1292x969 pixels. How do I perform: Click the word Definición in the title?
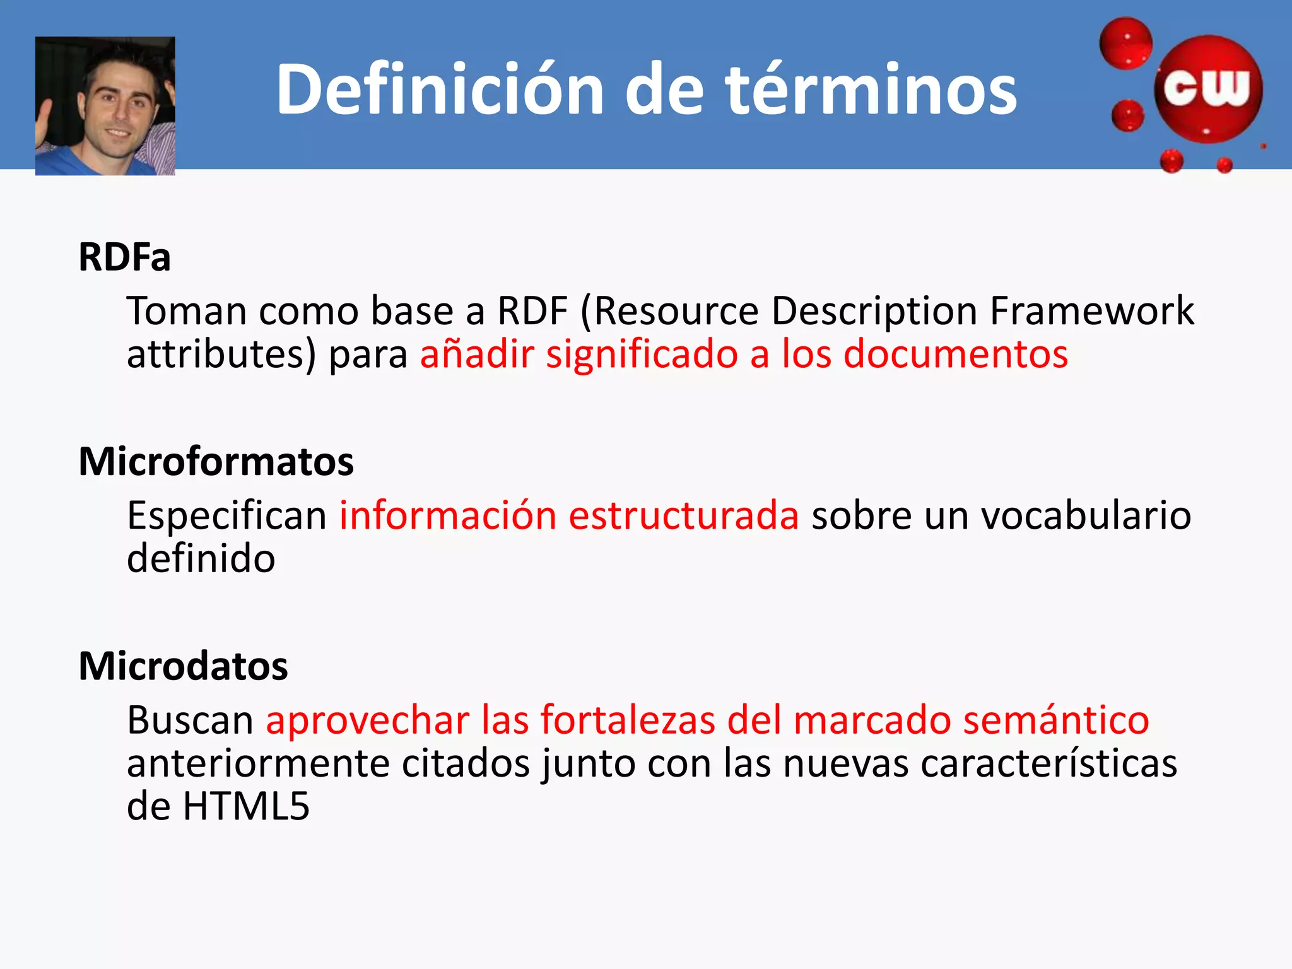(x=440, y=90)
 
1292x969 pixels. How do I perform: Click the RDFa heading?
(x=124, y=257)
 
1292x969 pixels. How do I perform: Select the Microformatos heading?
(x=216, y=461)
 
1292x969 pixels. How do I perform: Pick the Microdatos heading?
(x=183, y=666)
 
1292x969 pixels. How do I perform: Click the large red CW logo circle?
(x=1207, y=90)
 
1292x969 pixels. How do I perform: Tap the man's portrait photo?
(x=105, y=106)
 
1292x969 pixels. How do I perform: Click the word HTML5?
(x=246, y=806)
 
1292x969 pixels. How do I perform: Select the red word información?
(x=448, y=515)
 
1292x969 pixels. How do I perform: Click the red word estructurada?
(x=684, y=515)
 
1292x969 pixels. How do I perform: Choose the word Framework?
(x=1091, y=311)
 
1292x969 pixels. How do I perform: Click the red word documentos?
(x=956, y=354)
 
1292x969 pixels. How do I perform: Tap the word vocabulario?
(x=1086, y=515)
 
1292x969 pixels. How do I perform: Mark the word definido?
(x=201, y=559)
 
